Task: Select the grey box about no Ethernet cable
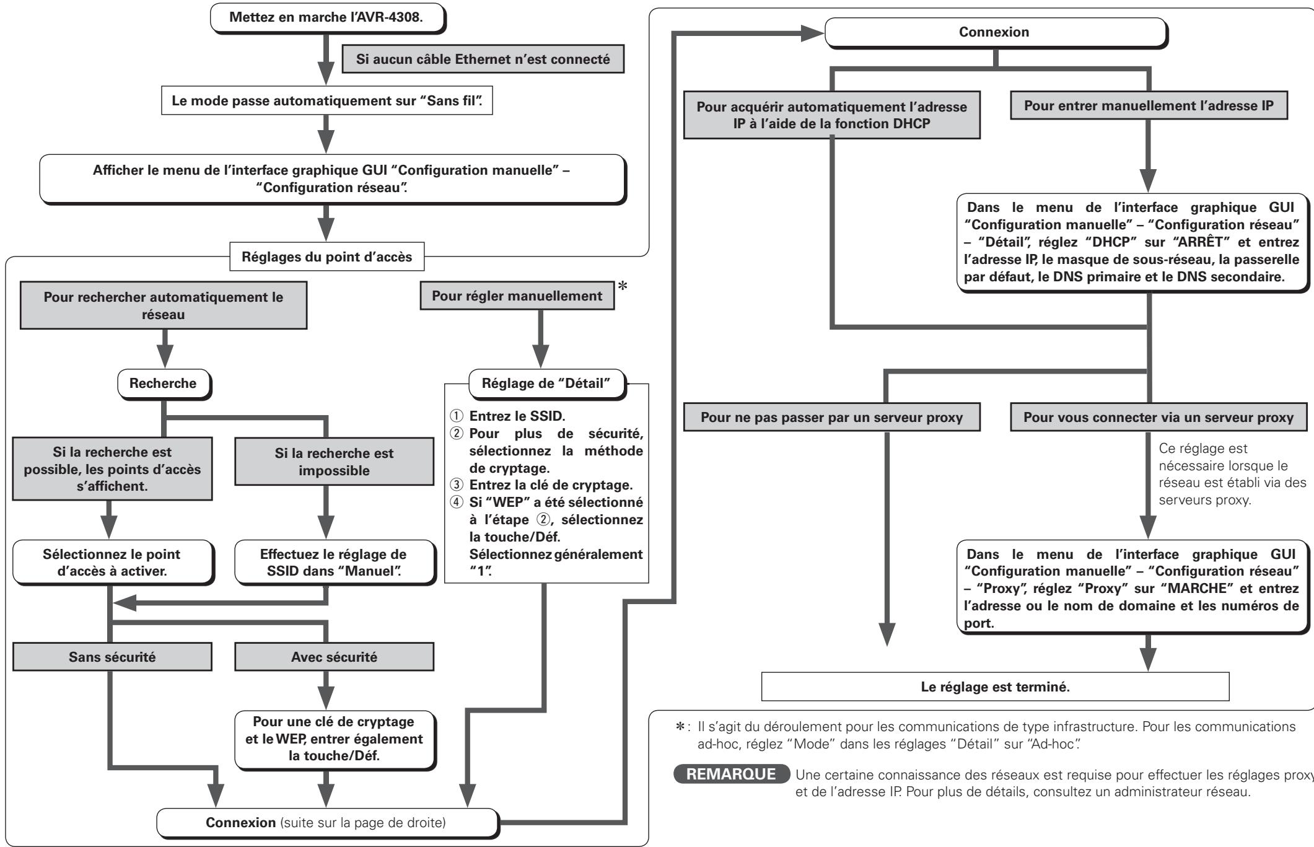[483, 60]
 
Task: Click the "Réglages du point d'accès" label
[327, 257]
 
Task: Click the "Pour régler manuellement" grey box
[517, 296]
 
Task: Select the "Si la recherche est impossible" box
[334, 462]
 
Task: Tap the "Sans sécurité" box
[112, 658]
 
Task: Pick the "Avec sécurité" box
[334, 658]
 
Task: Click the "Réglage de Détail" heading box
[547, 384]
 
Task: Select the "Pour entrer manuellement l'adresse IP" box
[1149, 105]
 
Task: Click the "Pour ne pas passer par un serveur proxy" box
[832, 417]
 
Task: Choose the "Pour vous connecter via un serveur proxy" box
[1159, 417]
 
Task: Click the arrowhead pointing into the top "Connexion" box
[812, 33]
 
